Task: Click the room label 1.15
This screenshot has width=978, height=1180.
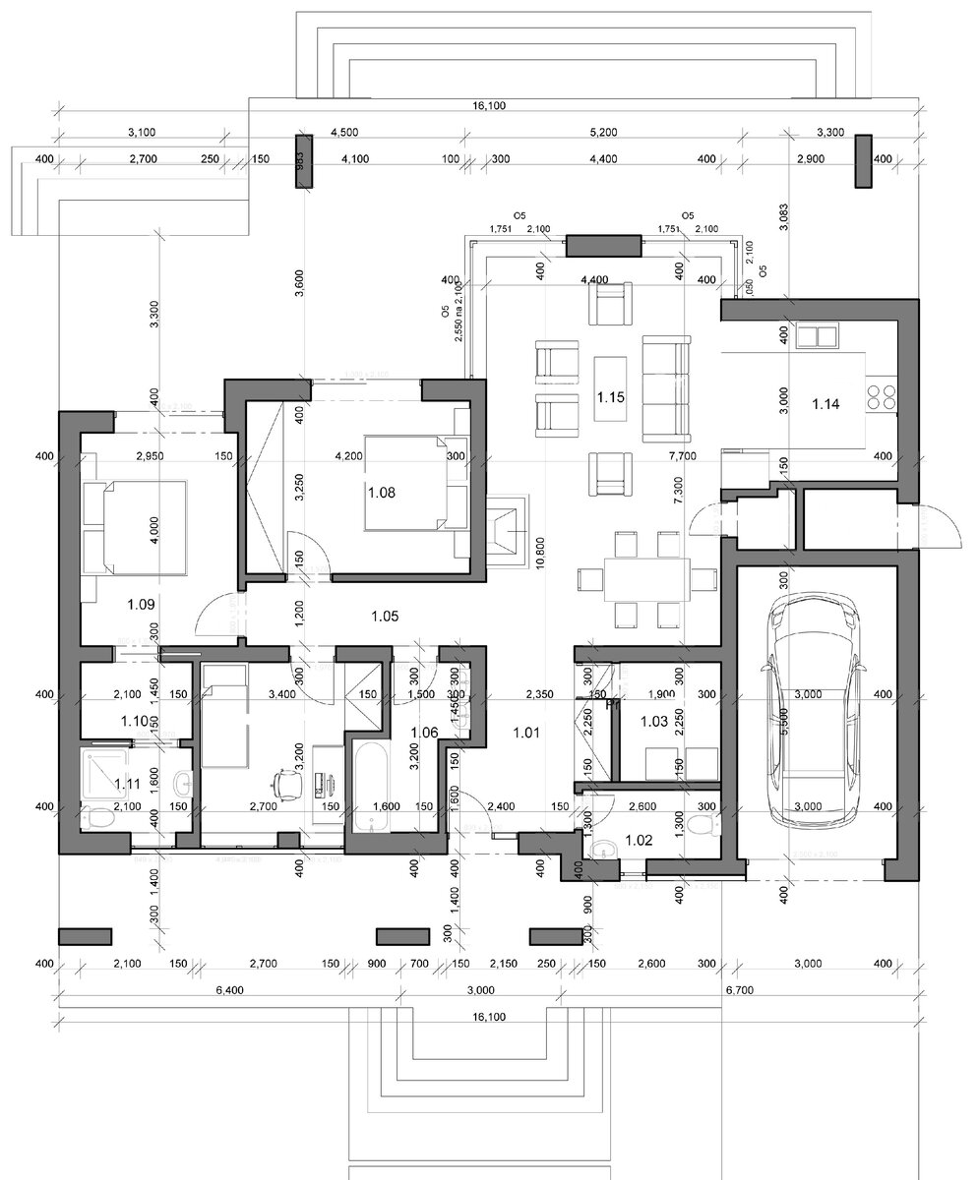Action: tap(611, 398)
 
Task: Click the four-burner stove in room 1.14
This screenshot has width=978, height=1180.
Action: tap(882, 397)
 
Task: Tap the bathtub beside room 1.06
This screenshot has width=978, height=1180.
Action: tap(371, 789)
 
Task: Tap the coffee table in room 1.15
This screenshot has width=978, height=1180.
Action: tap(611, 386)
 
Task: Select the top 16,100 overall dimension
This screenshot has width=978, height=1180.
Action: tap(489, 105)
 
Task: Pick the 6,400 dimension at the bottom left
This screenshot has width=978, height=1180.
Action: tap(228, 990)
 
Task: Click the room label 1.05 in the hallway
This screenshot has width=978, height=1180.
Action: tap(384, 617)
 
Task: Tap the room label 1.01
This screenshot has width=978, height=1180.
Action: tap(527, 732)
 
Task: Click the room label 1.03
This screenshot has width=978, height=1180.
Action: tap(654, 722)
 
